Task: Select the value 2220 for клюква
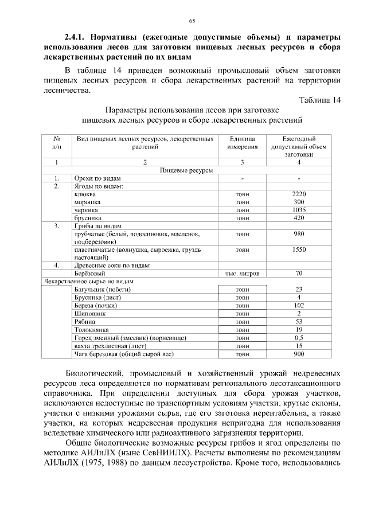[x=299, y=194]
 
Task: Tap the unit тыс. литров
[x=243, y=274]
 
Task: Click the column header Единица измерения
[x=243, y=143]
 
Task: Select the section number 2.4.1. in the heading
[x=79, y=38]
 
